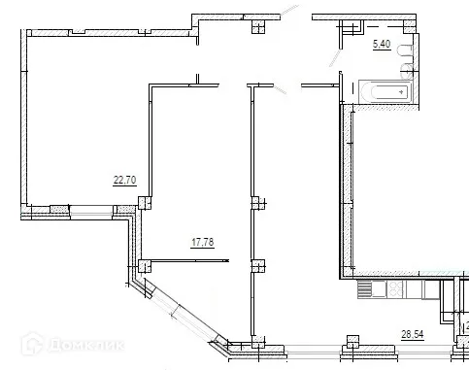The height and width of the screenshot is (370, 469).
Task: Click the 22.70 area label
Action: click(123, 179)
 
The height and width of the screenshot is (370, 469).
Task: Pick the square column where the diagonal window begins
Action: click(143, 263)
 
